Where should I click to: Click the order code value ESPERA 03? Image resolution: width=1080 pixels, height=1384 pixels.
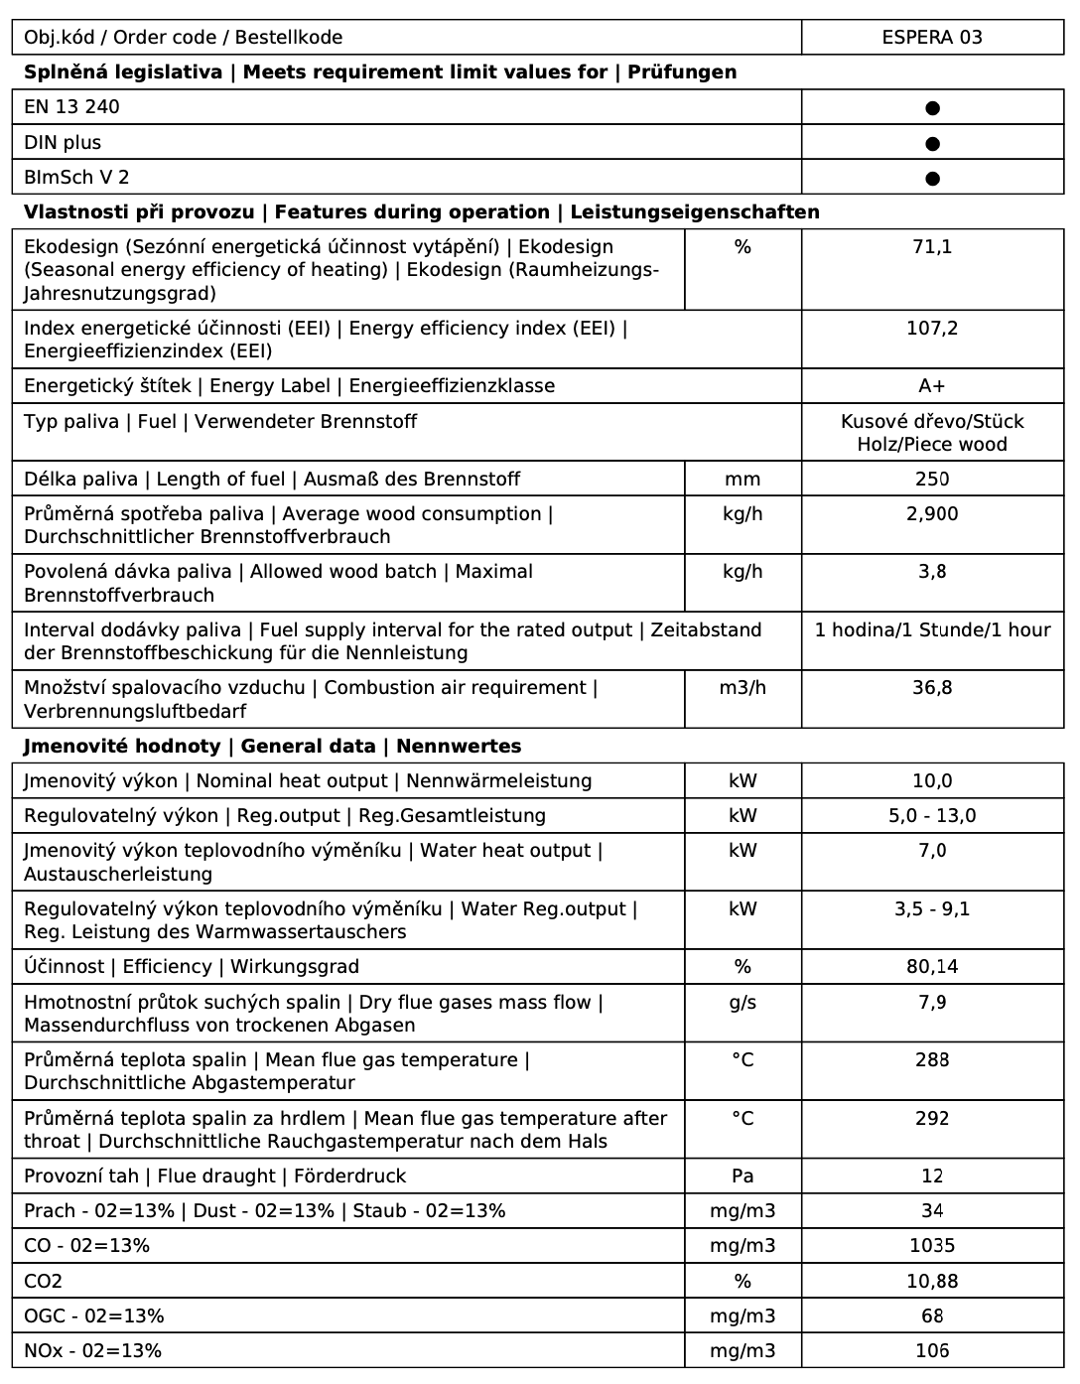pos(931,38)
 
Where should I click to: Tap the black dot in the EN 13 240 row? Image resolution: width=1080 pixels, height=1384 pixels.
pos(932,108)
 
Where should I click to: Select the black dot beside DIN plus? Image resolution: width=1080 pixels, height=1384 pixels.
pos(932,144)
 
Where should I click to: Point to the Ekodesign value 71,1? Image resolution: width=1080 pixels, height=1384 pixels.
pos(931,247)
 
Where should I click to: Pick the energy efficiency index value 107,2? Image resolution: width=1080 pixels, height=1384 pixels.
pos(931,329)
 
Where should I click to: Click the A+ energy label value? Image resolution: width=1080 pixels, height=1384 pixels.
pos(931,386)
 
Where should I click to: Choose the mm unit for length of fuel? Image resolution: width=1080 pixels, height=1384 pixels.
pos(742,480)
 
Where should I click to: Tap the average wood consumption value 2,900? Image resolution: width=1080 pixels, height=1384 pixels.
pos(931,514)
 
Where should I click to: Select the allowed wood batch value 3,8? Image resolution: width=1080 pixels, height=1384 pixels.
pos(931,572)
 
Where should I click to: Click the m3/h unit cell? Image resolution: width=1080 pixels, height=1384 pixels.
pos(742,688)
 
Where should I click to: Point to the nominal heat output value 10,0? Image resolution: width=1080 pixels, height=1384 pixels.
pos(931,781)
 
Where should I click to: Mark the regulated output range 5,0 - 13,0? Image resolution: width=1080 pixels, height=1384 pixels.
pos(931,816)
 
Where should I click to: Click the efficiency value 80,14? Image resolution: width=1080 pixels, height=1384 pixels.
pos(931,967)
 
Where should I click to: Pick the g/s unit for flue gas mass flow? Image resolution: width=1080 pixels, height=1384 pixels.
pos(742,1003)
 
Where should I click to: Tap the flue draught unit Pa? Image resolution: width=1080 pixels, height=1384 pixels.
pos(742,1176)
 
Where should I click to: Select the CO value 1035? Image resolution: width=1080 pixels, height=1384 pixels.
pos(931,1246)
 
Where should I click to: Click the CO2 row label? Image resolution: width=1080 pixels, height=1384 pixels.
pos(43,1282)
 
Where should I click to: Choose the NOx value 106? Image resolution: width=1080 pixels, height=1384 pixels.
pos(931,1351)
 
